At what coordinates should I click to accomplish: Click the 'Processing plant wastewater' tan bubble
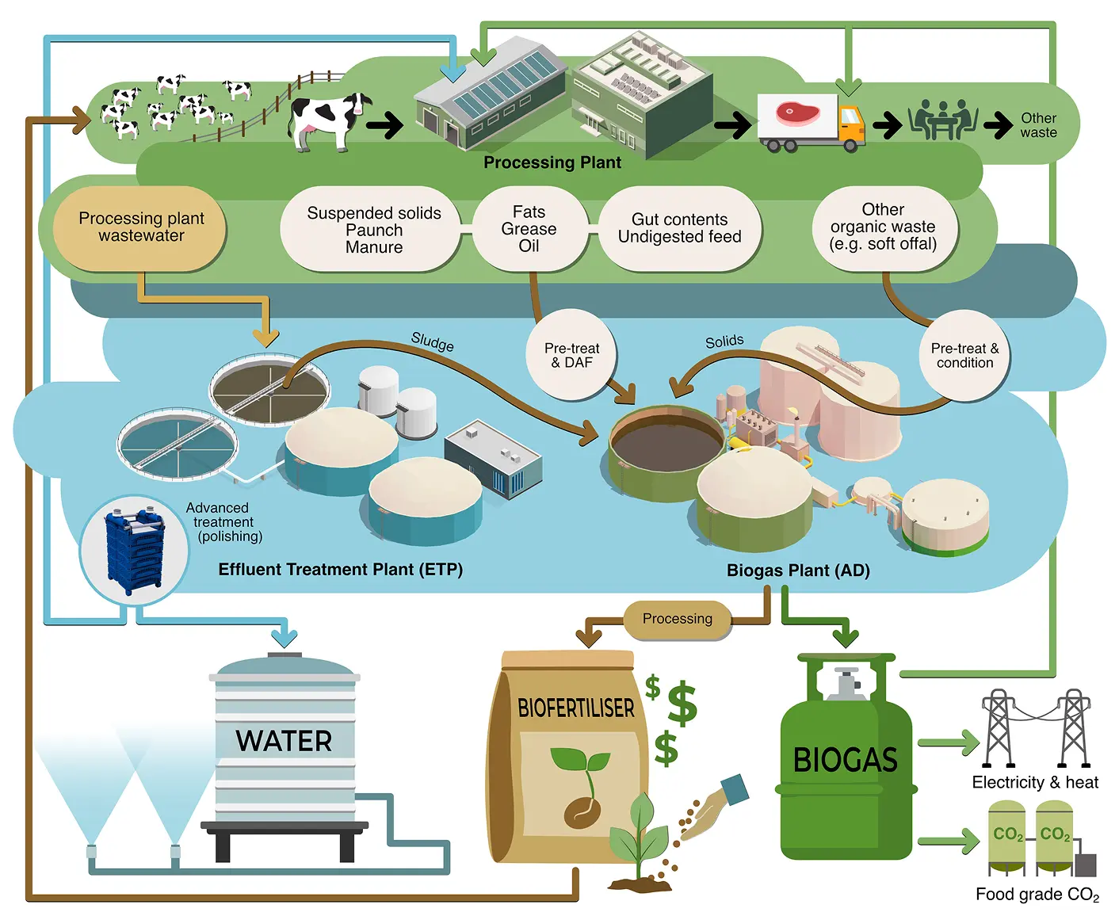click(139, 228)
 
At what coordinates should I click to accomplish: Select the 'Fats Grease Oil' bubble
click(529, 228)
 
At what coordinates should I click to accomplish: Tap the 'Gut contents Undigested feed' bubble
click(680, 228)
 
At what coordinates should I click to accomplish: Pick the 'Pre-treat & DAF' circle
click(571, 355)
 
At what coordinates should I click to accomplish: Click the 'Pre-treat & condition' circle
click(964, 355)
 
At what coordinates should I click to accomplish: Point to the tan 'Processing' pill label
click(677, 619)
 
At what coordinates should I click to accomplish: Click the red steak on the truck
click(797, 113)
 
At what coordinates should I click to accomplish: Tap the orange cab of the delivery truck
click(850, 128)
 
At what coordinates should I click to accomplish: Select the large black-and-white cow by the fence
click(329, 121)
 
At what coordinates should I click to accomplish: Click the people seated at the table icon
click(943, 120)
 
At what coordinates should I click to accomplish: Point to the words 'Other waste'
click(1038, 125)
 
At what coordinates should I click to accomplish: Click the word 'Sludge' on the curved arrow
click(433, 342)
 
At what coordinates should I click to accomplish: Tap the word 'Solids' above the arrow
click(724, 341)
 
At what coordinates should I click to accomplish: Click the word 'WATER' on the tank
click(284, 741)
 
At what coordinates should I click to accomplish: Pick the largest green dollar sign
click(682, 703)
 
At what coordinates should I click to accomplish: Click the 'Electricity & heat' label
click(1035, 782)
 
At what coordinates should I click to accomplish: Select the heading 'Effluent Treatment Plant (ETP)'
click(341, 570)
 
